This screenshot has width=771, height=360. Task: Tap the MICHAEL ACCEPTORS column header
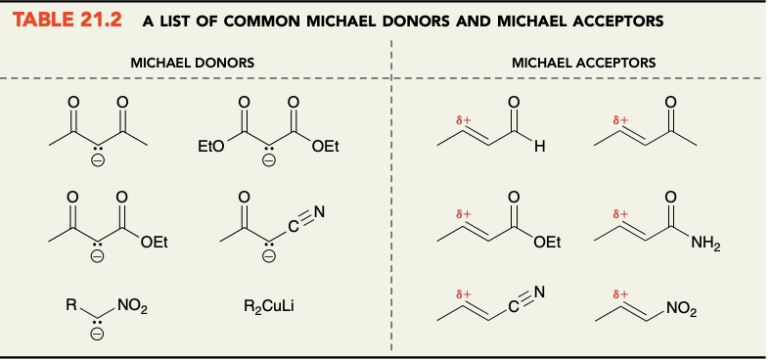pyautogui.click(x=583, y=63)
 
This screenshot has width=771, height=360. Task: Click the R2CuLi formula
pyautogui.click(x=269, y=309)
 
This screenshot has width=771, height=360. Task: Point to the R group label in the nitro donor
pyautogui.click(x=70, y=307)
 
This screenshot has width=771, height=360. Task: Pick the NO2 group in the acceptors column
pyautogui.click(x=682, y=311)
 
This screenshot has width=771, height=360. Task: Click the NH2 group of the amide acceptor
pyautogui.click(x=704, y=246)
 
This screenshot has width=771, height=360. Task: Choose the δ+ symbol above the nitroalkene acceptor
pyautogui.click(x=618, y=292)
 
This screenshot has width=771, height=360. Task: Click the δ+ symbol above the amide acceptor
pyautogui.click(x=618, y=211)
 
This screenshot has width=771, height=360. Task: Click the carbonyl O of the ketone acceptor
pyautogui.click(x=669, y=101)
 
